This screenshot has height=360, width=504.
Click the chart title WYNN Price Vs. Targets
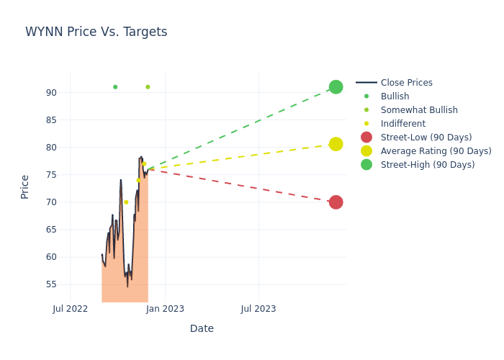pyautogui.click(x=96, y=32)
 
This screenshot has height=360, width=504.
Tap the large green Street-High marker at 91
pyautogui.click(x=336, y=87)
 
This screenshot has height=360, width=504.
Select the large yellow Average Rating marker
pyautogui.click(x=336, y=144)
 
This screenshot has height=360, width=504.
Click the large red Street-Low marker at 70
pyautogui.click(x=336, y=202)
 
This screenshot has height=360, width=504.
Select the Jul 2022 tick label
pyautogui.click(x=71, y=309)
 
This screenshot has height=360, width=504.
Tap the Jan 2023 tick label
pyautogui.click(x=165, y=309)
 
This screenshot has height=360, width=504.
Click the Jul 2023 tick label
pyautogui.click(x=258, y=309)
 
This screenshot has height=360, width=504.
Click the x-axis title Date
pyautogui.click(x=202, y=329)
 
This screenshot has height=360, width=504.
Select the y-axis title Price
pyautogui.click(x=25, y=186)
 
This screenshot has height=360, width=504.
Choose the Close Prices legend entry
pyautogui.click(x=407, y=83)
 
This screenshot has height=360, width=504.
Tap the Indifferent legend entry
pyautogui.click(x=403, y=124)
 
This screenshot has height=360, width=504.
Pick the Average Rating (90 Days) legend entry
pyautogui.click(x=436, y=151)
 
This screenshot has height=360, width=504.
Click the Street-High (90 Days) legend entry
pyautogui.click(x=428, y=165)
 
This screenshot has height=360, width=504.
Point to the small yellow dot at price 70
pyautogui.click(x=126, y=202)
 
